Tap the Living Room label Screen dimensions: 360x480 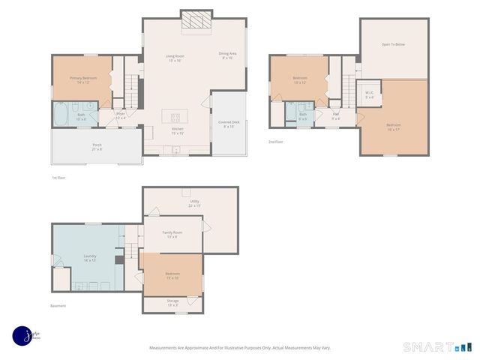point(175,58)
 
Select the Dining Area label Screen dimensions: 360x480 point(228,56)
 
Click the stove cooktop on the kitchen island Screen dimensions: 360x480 point(175,116)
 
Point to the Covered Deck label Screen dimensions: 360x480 point(229,124)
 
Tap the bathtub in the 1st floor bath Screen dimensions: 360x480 point(59,115)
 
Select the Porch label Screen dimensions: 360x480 point(97,147)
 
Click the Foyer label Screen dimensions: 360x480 point(121,116)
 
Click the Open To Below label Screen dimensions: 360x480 point(393,45)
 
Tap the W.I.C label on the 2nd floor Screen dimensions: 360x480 point(369,95)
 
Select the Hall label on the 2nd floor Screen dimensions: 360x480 point(336,116)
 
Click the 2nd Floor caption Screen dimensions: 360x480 point(276,141)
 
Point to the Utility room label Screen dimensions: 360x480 point(194,203)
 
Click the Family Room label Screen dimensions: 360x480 point(172,235)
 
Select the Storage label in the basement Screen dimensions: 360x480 point(172,302)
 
